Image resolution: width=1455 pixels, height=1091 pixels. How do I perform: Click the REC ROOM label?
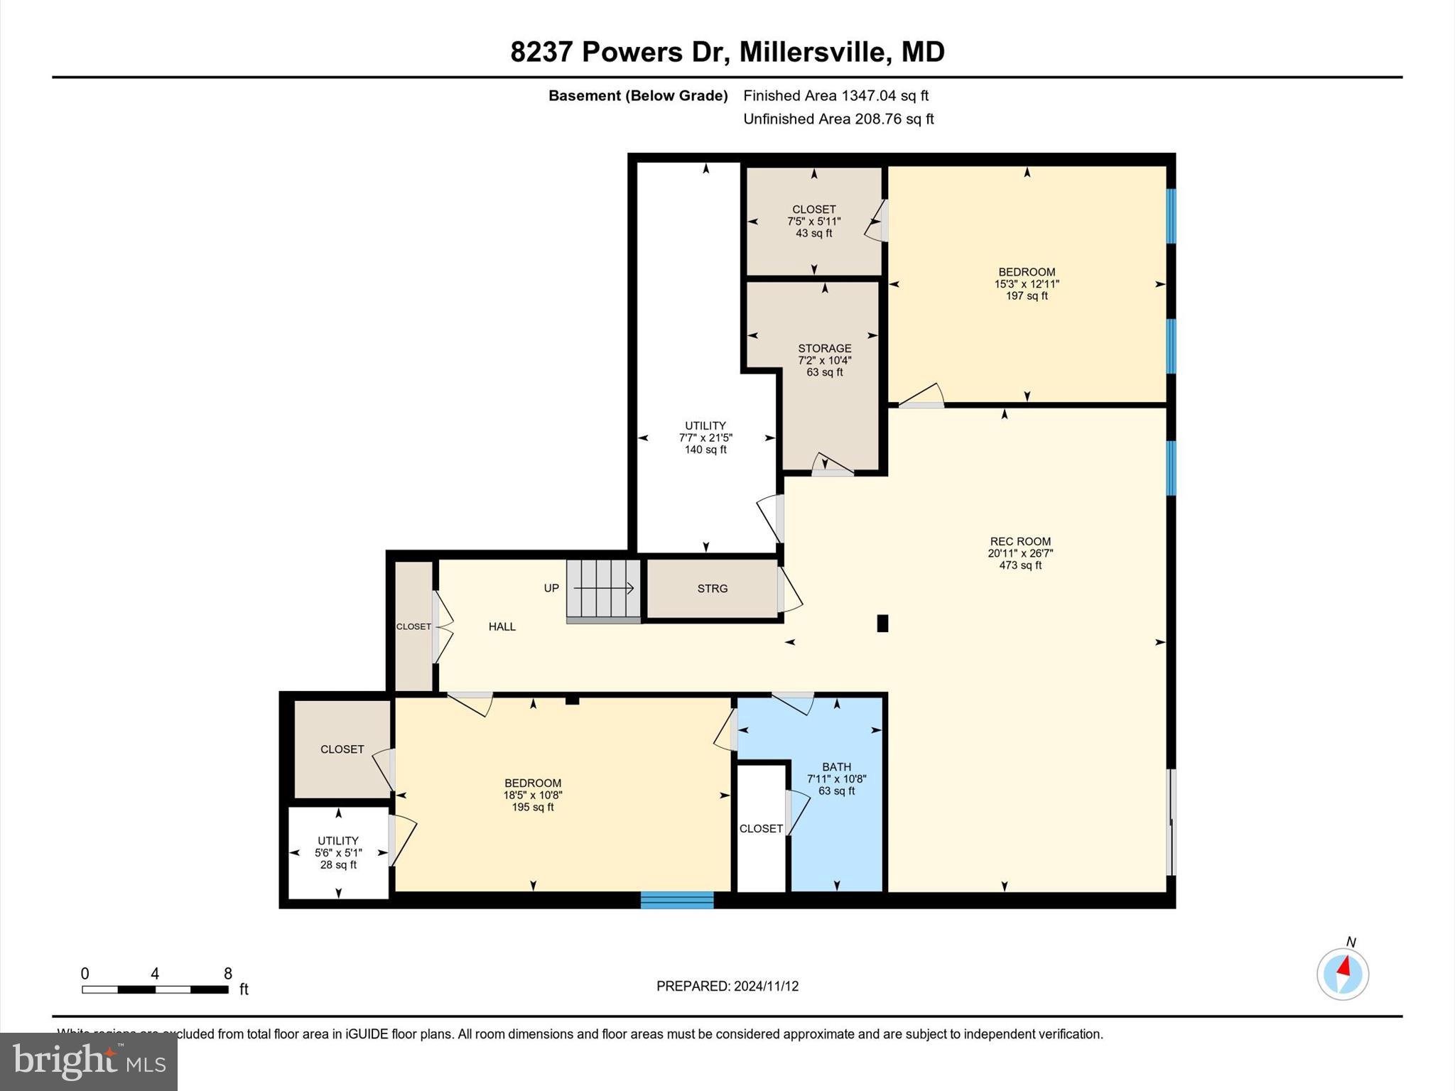tap(1020, 541)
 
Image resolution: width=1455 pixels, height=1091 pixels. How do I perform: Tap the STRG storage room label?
tap(712, 588)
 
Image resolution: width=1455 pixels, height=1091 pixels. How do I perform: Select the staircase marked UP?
tap(603, 589)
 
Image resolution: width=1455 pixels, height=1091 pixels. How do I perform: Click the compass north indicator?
tap(1342, 973)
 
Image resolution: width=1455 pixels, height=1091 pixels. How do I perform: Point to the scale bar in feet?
tap(155, 989)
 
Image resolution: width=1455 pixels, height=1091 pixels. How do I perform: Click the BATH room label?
tap(836, 766)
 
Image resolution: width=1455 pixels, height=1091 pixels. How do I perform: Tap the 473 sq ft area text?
tap(1020, 565)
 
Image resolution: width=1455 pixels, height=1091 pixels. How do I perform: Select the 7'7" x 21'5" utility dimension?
tap(705, 438)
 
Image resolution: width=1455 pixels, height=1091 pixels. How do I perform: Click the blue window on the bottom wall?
tap(676, 900)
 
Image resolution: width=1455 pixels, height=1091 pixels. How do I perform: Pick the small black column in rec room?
tap(882, 623)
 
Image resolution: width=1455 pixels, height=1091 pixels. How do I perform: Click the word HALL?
tap(502, 626)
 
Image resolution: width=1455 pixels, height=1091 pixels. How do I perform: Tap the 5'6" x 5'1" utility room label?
tap(338, 852)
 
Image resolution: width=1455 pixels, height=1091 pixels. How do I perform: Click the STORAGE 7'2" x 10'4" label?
tap(824, 359)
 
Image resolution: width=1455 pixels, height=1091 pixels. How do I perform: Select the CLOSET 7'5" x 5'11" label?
tap(813, 221)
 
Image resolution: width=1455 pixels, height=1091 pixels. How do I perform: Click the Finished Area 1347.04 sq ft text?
tap(835, 96)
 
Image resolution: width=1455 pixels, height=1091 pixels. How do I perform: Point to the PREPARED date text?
tap(727, 986)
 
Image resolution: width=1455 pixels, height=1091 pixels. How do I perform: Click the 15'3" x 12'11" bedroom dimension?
tap(1027, 283)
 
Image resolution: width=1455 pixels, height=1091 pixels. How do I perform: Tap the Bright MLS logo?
tap(89, 1061)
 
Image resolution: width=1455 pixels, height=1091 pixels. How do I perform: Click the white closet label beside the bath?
tap(761, 828)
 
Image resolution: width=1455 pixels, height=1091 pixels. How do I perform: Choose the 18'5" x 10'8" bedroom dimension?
tap(533, 795)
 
